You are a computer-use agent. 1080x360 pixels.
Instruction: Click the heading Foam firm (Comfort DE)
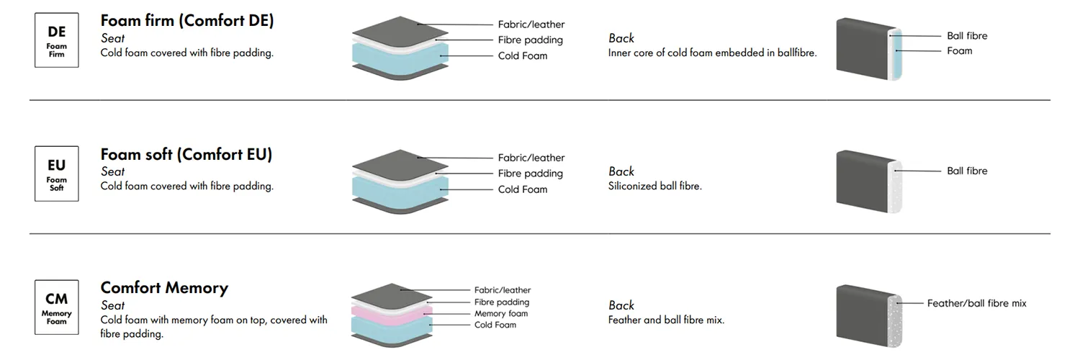(187, 20)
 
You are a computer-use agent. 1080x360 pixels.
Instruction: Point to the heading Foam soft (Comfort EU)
(186, 154)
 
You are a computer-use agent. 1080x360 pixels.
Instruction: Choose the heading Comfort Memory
(164, 288)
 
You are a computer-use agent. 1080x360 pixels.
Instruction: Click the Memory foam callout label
(500, 313)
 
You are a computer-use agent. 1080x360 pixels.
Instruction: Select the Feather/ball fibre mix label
(976, 303)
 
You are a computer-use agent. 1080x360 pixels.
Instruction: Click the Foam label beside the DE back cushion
(959, 50)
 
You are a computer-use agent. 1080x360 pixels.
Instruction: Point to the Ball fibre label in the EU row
(967, 171)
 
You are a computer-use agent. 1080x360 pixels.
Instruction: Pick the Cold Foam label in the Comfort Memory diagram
(495, 325)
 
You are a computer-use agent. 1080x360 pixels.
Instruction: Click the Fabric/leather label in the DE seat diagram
(531, 24)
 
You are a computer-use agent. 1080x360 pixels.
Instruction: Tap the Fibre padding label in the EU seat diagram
(530, 174)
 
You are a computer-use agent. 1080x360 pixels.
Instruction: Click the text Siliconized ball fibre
(654, 186)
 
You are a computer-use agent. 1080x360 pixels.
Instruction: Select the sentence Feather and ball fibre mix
(666, 320)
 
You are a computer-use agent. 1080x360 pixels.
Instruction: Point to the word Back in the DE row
(621, 38)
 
